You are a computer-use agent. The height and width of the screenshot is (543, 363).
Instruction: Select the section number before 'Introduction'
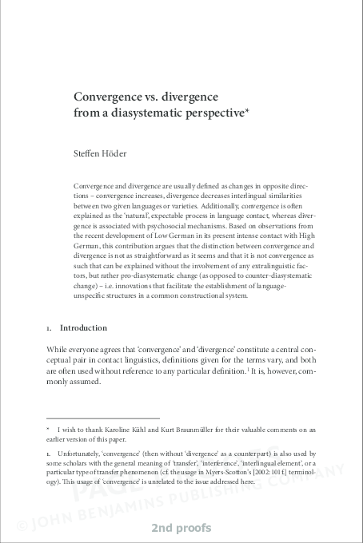tap(49, 328)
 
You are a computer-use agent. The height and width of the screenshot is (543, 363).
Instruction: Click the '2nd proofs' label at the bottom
tap(181, 529)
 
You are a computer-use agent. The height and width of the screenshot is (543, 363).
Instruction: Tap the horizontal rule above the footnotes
tap(103, 418)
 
